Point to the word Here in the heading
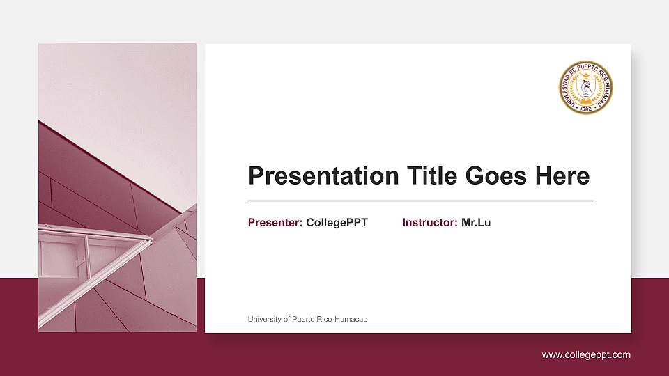(x=562, y=176)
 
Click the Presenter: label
(x=275, y=223)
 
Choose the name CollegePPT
(x=337, y=223)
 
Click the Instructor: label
(x=430, y=223)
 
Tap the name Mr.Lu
(x=476, y=223)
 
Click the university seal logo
(x=585, y=88)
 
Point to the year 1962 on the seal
(x=585, y=109)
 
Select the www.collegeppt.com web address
(x=586, y=355)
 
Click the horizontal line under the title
(x=420, y=201)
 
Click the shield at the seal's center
(x=585, y=87)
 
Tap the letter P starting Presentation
(x=256, y=176)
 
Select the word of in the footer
(x=288, y=320)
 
